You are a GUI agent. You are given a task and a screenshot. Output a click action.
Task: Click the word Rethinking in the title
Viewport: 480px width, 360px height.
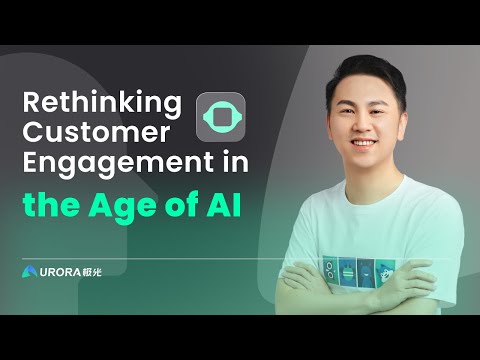(104, 103)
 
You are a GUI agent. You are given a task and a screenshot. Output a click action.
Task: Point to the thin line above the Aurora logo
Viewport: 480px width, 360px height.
(150, 258)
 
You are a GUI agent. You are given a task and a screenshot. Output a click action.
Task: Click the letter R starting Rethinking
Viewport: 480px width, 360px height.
(32, 103)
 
